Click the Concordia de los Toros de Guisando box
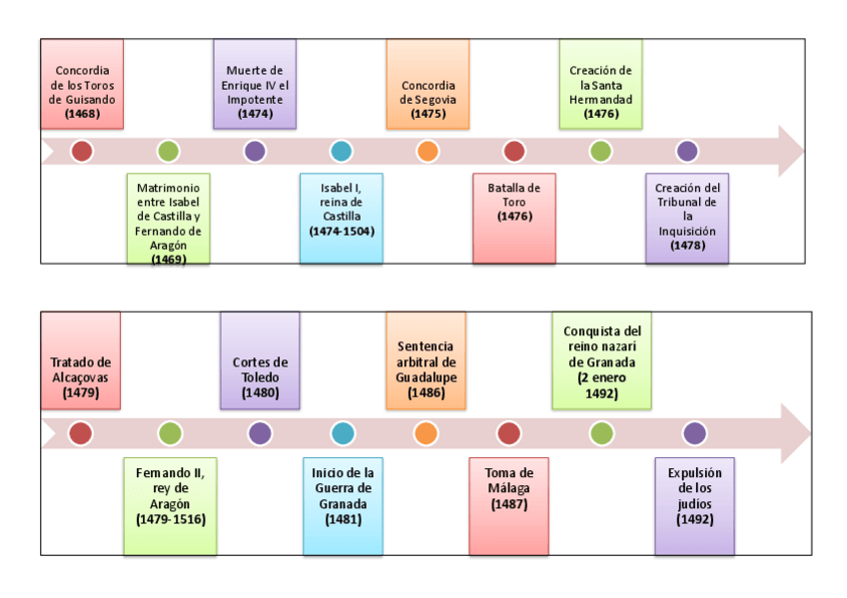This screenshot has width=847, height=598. coord(82,84)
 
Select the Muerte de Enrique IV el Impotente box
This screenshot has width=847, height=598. coord(255,84)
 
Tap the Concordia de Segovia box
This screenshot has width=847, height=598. coord(427,84)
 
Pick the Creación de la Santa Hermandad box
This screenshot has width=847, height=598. coord(600,84)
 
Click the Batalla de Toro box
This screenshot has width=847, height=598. coord(513,218)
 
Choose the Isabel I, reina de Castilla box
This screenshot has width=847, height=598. coord(341,218)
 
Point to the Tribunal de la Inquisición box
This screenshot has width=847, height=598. coord(686,218)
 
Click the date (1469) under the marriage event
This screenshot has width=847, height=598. coord(169,259)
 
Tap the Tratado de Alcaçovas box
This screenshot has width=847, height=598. coord(81,360)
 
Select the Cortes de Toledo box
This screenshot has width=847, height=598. coord(260,360)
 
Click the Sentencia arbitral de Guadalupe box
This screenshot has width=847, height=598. coord(425,360)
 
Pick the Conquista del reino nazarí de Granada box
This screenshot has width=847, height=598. coord(601,360)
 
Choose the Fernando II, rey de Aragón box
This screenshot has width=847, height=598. coord(170,505)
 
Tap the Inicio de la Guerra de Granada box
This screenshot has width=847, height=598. coord(343,505)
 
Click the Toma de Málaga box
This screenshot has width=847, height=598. coord(508,505)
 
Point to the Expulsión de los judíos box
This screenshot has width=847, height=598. coord(694,505)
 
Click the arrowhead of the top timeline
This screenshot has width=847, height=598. coord(790,152)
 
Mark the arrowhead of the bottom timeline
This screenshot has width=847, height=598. coord(795,433)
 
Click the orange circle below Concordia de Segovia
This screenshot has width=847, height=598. coord(427,152)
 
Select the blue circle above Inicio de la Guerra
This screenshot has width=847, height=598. coord(343,433)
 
